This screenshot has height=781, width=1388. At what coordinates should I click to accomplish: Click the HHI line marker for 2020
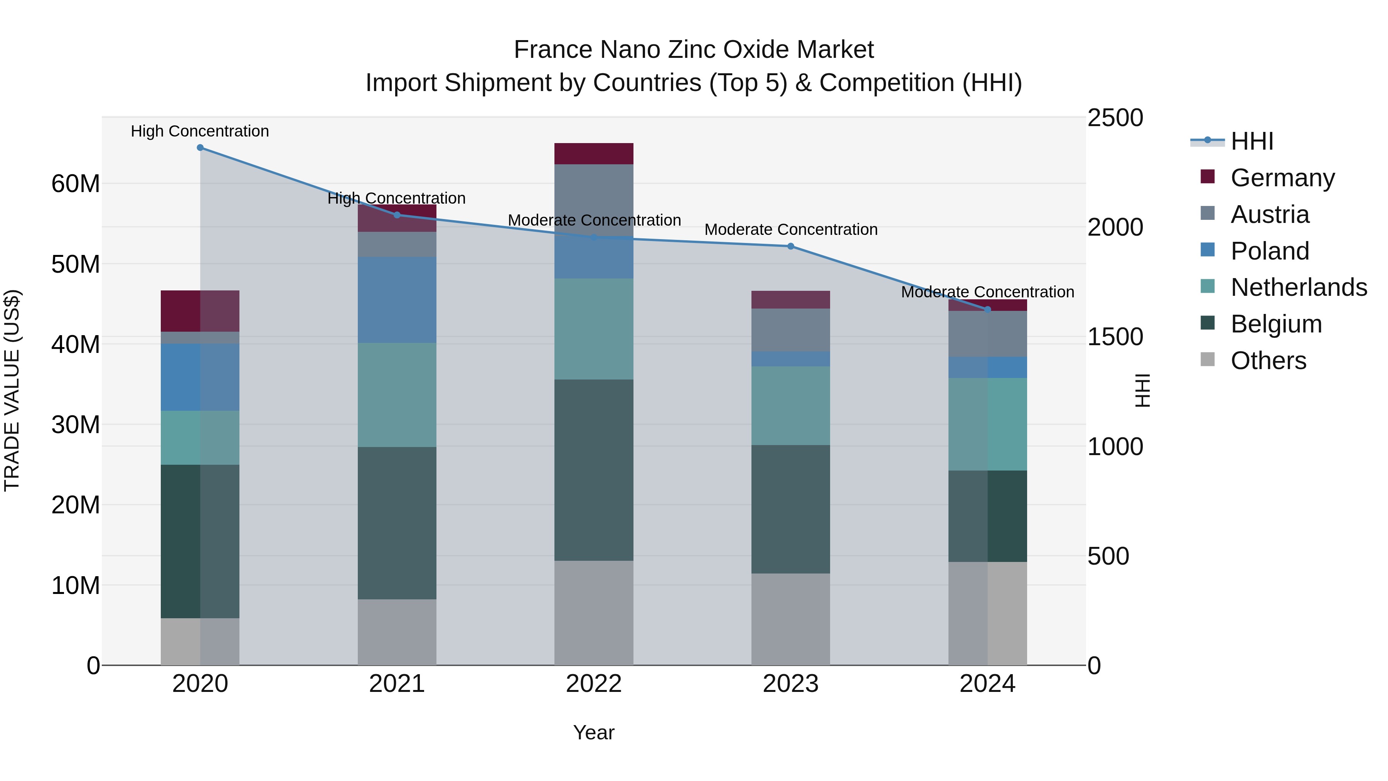tap(200, 148)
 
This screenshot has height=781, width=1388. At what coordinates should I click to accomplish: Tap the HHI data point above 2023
tap(790, 246)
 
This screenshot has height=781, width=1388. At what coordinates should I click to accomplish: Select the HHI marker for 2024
tap(987, 309)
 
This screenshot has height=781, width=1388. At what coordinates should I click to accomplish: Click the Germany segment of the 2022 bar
tap(594, 154)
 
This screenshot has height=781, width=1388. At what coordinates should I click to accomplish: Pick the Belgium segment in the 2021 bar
tap(397, 523)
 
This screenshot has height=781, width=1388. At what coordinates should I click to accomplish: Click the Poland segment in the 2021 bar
tap(397, 300)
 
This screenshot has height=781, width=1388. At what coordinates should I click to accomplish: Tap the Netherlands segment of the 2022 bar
tap(594, 329)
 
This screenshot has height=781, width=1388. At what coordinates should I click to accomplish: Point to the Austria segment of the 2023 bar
tap(790, 330)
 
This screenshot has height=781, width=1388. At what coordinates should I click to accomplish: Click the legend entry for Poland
tap(1270, 251)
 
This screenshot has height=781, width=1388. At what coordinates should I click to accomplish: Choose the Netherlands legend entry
tap(1299, 287)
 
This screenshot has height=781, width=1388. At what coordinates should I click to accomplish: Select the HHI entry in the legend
tap(1252, 141)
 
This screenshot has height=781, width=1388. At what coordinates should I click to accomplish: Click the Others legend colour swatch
tap(1208, 359)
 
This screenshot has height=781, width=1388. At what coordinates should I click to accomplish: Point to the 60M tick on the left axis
tap(76, 184)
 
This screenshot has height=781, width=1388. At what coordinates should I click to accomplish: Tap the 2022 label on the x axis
tap(594, 684)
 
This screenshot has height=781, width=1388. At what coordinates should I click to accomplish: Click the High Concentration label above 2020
tap(200, 131)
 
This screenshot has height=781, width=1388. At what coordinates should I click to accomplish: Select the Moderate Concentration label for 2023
tap(790, 229)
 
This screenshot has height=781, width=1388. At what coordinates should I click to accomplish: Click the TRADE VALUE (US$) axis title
tap(12, 390)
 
